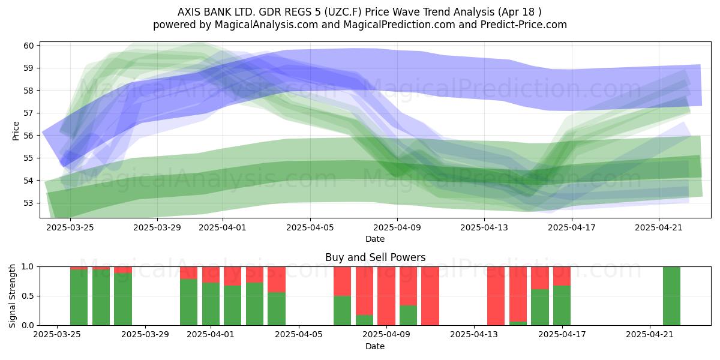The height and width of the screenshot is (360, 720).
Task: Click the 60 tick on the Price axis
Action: [x=29, y=46]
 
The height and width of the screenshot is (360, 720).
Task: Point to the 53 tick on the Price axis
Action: [x=29, y=203]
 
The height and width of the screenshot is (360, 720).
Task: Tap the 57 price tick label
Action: [x=29, y=113]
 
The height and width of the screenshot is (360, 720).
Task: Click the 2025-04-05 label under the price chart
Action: [x=310, y=227]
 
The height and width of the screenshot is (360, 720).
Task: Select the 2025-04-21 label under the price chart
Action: [x=659, y=227]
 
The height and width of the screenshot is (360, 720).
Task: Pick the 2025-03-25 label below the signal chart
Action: [x=57, y=334]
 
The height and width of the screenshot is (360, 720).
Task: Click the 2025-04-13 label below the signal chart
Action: [x=474, y=334]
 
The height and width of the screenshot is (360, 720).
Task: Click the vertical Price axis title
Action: [x=16, y=131]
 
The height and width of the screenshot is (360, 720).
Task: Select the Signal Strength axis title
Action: [x=12, y=296]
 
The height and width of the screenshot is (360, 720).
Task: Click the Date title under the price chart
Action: [x=375, y=239]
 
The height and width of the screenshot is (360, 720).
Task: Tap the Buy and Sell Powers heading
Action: [x=375, y=257]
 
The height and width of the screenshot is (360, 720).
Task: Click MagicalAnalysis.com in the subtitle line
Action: [x=266, y=25]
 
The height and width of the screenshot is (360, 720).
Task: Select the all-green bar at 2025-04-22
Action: [x=671, y=296]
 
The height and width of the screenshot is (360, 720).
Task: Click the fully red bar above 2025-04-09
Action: [x=386, y=296]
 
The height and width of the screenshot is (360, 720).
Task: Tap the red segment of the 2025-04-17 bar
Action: [x=562, y=276]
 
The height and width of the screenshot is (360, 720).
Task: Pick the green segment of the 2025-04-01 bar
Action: [x=211, y=304]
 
